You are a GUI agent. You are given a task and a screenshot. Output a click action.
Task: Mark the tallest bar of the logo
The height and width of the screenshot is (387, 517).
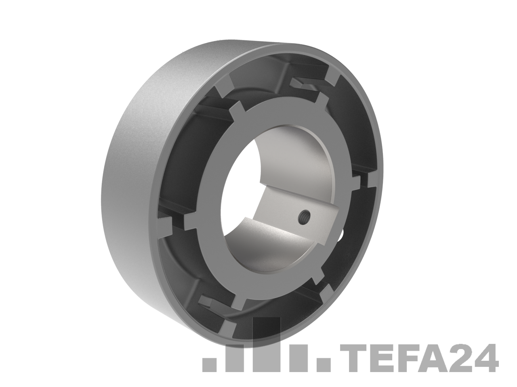(267, 344)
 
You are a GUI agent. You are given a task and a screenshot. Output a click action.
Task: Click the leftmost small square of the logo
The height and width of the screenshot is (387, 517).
(209, 365)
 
